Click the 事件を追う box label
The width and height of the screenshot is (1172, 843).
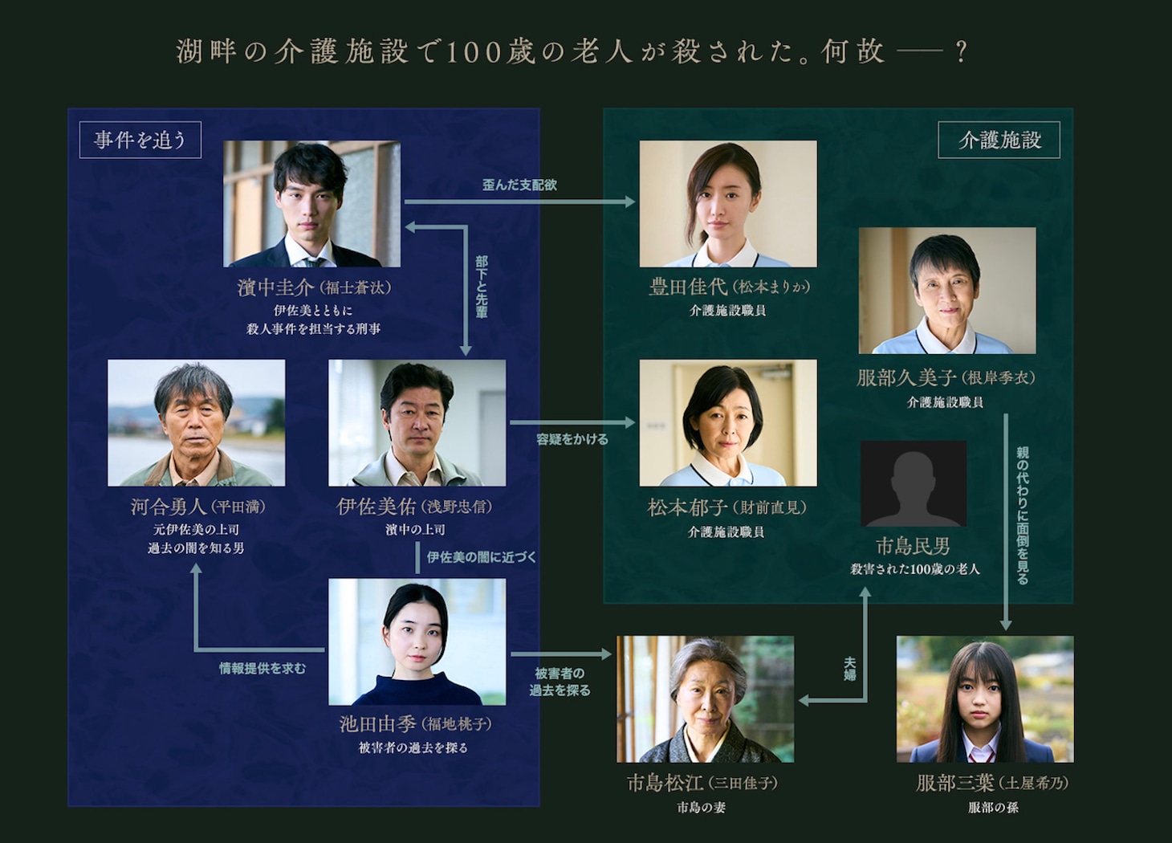pyautogui.click(x=140, y=140)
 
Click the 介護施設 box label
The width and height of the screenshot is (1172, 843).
pyautogui.click(x=999, y=140)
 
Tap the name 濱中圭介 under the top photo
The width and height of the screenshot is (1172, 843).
pyautogui.click(x=275, y=287)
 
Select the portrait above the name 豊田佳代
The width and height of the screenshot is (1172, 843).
pyautogui.click(x=727, y=204)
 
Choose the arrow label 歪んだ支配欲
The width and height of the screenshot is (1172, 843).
pyautogui.click(x=519, y=185)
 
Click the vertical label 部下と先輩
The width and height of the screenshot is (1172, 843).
pyautogui.click(x=482, y=287)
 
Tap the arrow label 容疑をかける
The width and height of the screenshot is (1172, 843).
pyautogui.click(x=572, y=439)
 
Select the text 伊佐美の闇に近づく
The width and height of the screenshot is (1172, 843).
pyautogui.click(x=481, y=557)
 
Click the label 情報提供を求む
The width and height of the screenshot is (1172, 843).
pyautogui.click(x=262, y=668)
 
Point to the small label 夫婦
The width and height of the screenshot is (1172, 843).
pyautogui.click(x=849, y=669)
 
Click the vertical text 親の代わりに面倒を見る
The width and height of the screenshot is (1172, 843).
pyautogui.click(x=1022, y=515)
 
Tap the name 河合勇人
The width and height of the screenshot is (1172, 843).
pyautogui.click(x=169, y=507)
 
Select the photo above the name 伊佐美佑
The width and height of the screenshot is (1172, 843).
pyautogui.click(x=417, y=422)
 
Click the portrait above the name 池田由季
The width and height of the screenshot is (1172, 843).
pyautogui.click(x=417, y=641)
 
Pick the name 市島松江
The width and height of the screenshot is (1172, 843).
pyautogui.click(x=665, y=783)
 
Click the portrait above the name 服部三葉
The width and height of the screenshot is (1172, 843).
pyautogui.click(x=984, y=698)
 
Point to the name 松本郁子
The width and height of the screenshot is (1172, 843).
pyautogui.click(x=687, y=507)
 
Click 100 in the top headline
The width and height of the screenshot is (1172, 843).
pyautogui.click(x=474, y=52)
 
